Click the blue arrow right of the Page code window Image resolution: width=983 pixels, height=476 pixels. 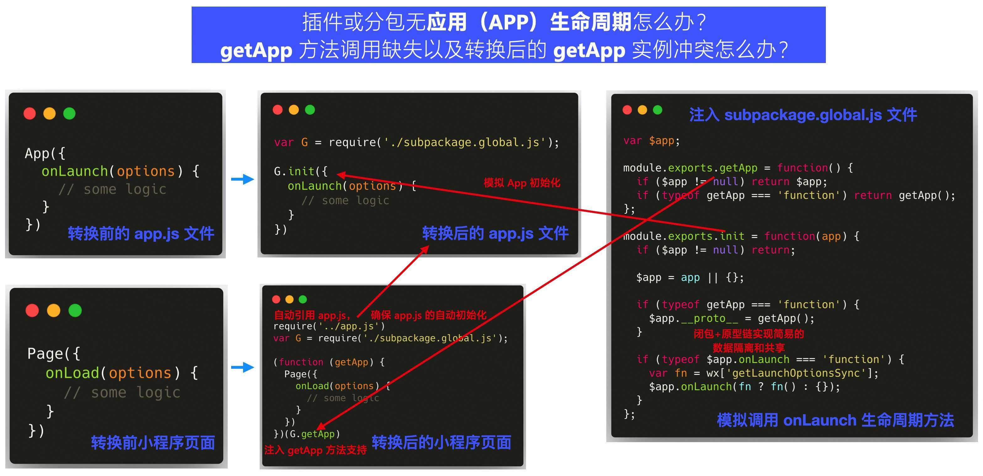(x=242, y=367)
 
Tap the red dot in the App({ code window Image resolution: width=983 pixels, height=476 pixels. (x=30, y=113)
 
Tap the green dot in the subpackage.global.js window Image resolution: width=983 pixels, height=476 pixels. (x=657, y=110)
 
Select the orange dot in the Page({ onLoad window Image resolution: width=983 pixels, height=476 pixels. (x=53, y=310)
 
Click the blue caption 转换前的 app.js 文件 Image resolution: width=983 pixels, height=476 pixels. (x=141, y=233)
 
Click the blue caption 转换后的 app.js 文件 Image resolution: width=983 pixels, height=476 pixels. (x=495, y=233)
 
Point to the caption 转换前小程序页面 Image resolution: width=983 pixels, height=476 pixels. (x=153, y=442)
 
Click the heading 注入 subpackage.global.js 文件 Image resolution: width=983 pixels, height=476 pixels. (x=803, y=114)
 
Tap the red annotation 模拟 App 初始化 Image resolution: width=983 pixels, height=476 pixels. (x=522, y=183)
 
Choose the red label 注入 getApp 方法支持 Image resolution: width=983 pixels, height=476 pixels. (x=315, y=450)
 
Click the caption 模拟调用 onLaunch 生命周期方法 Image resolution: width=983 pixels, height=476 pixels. (x=835, y=420)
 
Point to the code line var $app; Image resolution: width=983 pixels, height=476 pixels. (x=651, y=141)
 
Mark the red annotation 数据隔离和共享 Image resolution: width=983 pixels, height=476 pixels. (x=749, y=347)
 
